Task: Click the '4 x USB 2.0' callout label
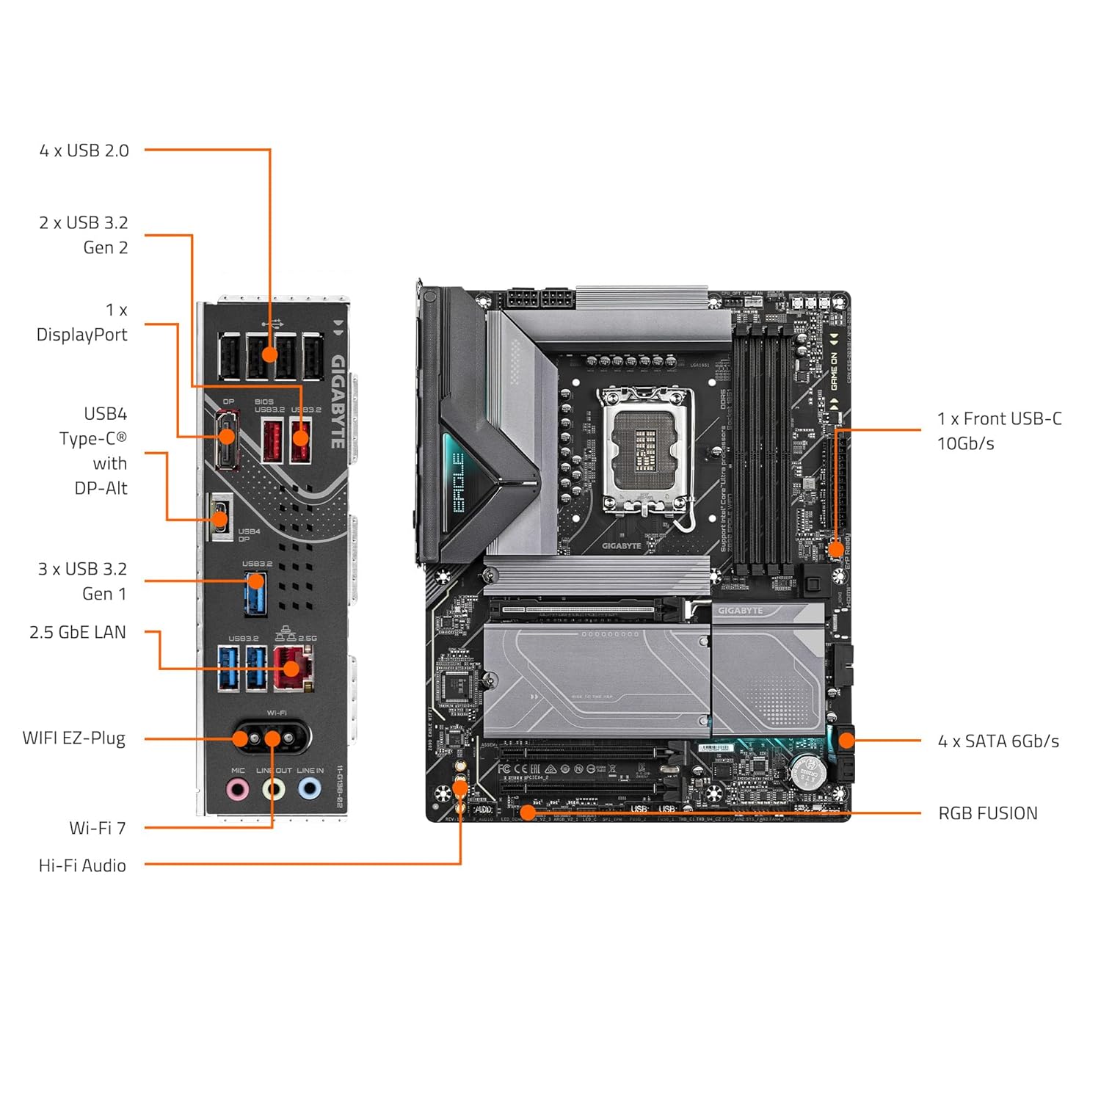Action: [x=84, y=150]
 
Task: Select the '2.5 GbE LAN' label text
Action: [x=78, y=632]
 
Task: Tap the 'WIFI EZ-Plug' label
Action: [x=74, y=738]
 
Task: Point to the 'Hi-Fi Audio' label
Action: [x=82, y=865]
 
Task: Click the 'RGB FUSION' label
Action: [x=988, y=813]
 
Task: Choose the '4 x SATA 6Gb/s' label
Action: [x=998, y=741]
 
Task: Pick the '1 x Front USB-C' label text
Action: [x=999, y=419]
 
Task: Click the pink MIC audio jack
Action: [x=237, y=790]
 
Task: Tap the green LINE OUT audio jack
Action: [x=274, y=790]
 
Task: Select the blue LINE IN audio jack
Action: [x=310, y=790]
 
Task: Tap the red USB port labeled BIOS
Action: [x=272, y=440]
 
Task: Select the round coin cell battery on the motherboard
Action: [x=807, y=772]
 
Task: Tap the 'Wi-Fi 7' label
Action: [x=98, y=828]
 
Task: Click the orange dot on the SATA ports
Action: [x=846, y=740]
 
